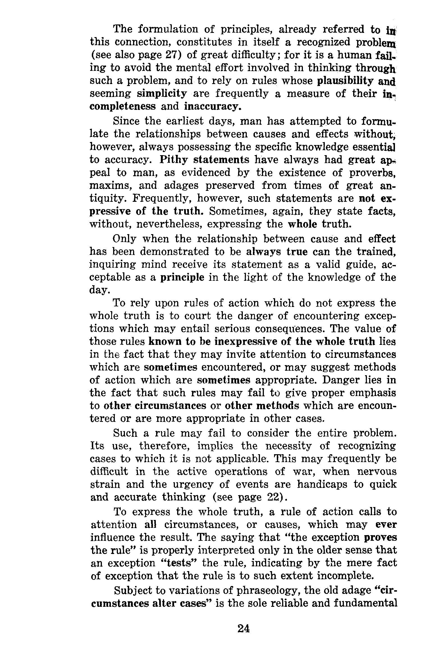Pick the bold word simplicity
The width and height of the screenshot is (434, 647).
pos(162,94)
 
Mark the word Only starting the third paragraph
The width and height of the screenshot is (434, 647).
pos(124,239)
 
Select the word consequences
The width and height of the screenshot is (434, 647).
pos(289,329)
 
